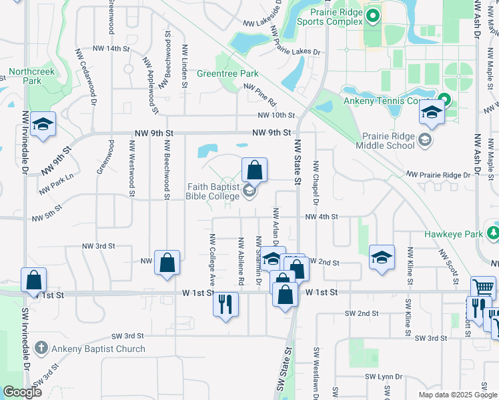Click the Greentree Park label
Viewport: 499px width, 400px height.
[227, 73]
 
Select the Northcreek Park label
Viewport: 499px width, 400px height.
[31, 76]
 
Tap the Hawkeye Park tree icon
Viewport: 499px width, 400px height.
[493, 233]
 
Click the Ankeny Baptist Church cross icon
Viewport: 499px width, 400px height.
[41, 348]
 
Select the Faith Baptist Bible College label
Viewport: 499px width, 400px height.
[212, 192]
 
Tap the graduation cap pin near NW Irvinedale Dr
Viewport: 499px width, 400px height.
[43, 124]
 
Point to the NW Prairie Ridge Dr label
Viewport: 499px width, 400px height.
[439, 175]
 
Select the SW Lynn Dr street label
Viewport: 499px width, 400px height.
[383, 377]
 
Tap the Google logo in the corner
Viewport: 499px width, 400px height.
[22, 392]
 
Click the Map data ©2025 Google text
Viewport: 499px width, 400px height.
[457, 395]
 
